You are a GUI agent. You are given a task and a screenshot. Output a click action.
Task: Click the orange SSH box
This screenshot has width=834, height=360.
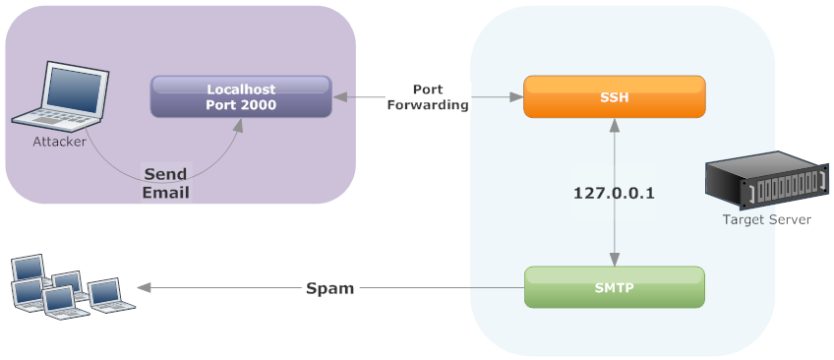tap(614, 97)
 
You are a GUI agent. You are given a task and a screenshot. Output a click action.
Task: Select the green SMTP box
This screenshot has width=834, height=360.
tap(614, 287)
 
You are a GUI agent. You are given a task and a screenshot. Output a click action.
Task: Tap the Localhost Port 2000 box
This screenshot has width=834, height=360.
tap(241, 96)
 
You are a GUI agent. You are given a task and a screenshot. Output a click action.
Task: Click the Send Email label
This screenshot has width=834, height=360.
tap(165, 183)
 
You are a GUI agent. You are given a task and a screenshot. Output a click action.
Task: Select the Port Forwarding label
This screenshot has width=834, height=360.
tap(428, 97)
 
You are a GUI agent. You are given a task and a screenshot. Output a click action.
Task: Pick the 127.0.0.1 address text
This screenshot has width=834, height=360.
tap(614, 194)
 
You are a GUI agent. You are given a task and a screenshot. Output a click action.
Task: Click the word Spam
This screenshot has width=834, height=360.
tap(329, 288)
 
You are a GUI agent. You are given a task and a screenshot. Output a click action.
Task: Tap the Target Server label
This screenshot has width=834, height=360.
tap(766, 219)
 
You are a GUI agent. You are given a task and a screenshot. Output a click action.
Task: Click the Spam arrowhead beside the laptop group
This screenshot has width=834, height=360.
tap(144, 288)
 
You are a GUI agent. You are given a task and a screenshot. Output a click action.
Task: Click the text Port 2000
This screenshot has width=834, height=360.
tap(241, 104)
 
